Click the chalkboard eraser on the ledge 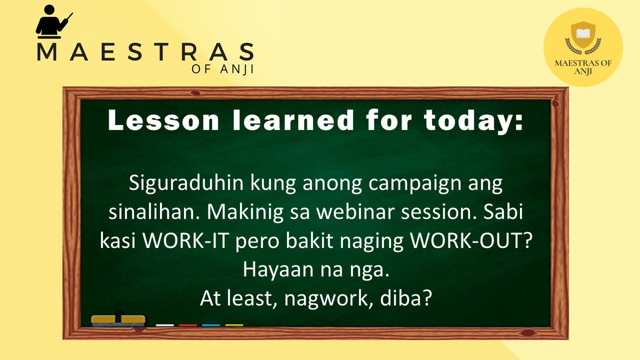tap(118, 319)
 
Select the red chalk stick tap(188, 324)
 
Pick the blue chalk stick tap(211, 324)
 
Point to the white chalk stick tap(165, 324)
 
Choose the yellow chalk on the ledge tap(234, 324)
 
